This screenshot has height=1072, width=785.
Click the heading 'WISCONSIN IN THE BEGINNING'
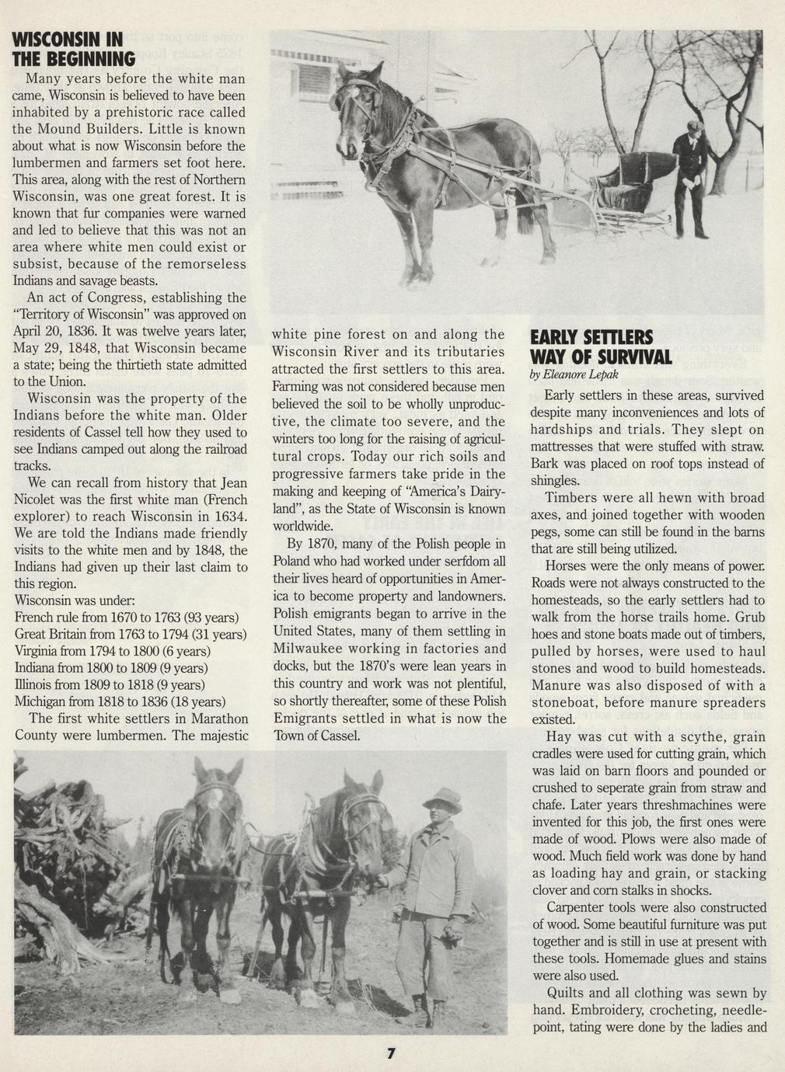click(x=75, y=48)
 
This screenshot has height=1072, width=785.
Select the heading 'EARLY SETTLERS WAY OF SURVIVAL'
click(x=601, y=347)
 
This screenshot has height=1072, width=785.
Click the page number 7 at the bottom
click(x=392, y=1054)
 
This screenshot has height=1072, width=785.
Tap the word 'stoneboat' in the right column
click(x=561, y=702)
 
